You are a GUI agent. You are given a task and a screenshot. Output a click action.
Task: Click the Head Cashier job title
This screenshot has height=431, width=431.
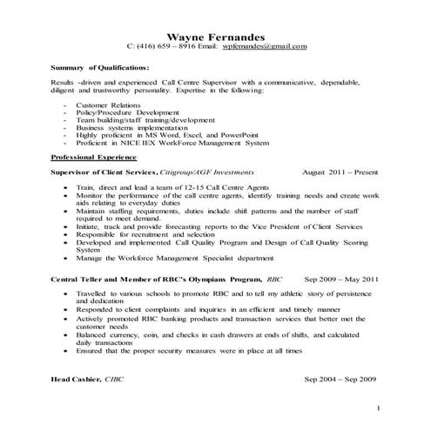(76, 380)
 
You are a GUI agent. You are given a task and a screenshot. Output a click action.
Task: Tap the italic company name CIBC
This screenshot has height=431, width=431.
(115, 380)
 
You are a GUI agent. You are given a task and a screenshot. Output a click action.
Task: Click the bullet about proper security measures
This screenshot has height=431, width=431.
(189, 350)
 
